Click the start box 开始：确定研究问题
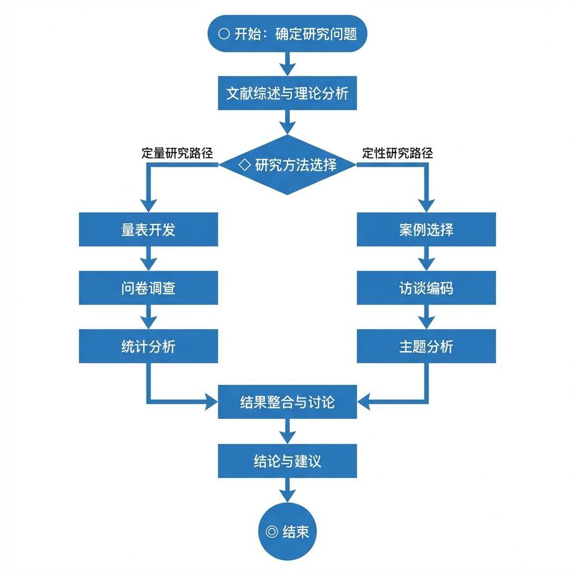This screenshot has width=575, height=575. point(287,33)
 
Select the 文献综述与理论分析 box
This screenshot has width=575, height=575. point(287,93)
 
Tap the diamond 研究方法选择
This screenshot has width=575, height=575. point(287,165)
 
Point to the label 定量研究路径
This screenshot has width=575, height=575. point(177,153)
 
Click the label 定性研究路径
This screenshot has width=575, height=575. point(398,153)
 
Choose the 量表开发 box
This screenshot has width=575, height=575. point(148,230)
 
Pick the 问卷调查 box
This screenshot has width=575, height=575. point(148,288)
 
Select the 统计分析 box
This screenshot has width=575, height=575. point(148,346)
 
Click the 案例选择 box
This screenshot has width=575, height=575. point(427,230)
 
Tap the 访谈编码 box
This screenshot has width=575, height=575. point(427,288)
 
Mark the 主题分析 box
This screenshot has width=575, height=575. point(427,346)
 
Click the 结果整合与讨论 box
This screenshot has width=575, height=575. point(287,402)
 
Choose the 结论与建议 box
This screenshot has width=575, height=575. point(287,461)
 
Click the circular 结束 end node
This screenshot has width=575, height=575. point(287,531)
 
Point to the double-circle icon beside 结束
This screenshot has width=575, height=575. point(272,531)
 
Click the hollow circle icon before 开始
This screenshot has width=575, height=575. point(224,34)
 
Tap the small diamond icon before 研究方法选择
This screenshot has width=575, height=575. point(245,165)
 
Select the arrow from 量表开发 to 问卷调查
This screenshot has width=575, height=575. point(148,258)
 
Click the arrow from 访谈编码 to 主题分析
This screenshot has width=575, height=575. point(427,317)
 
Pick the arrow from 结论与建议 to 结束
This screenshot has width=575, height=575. point(287,490)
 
